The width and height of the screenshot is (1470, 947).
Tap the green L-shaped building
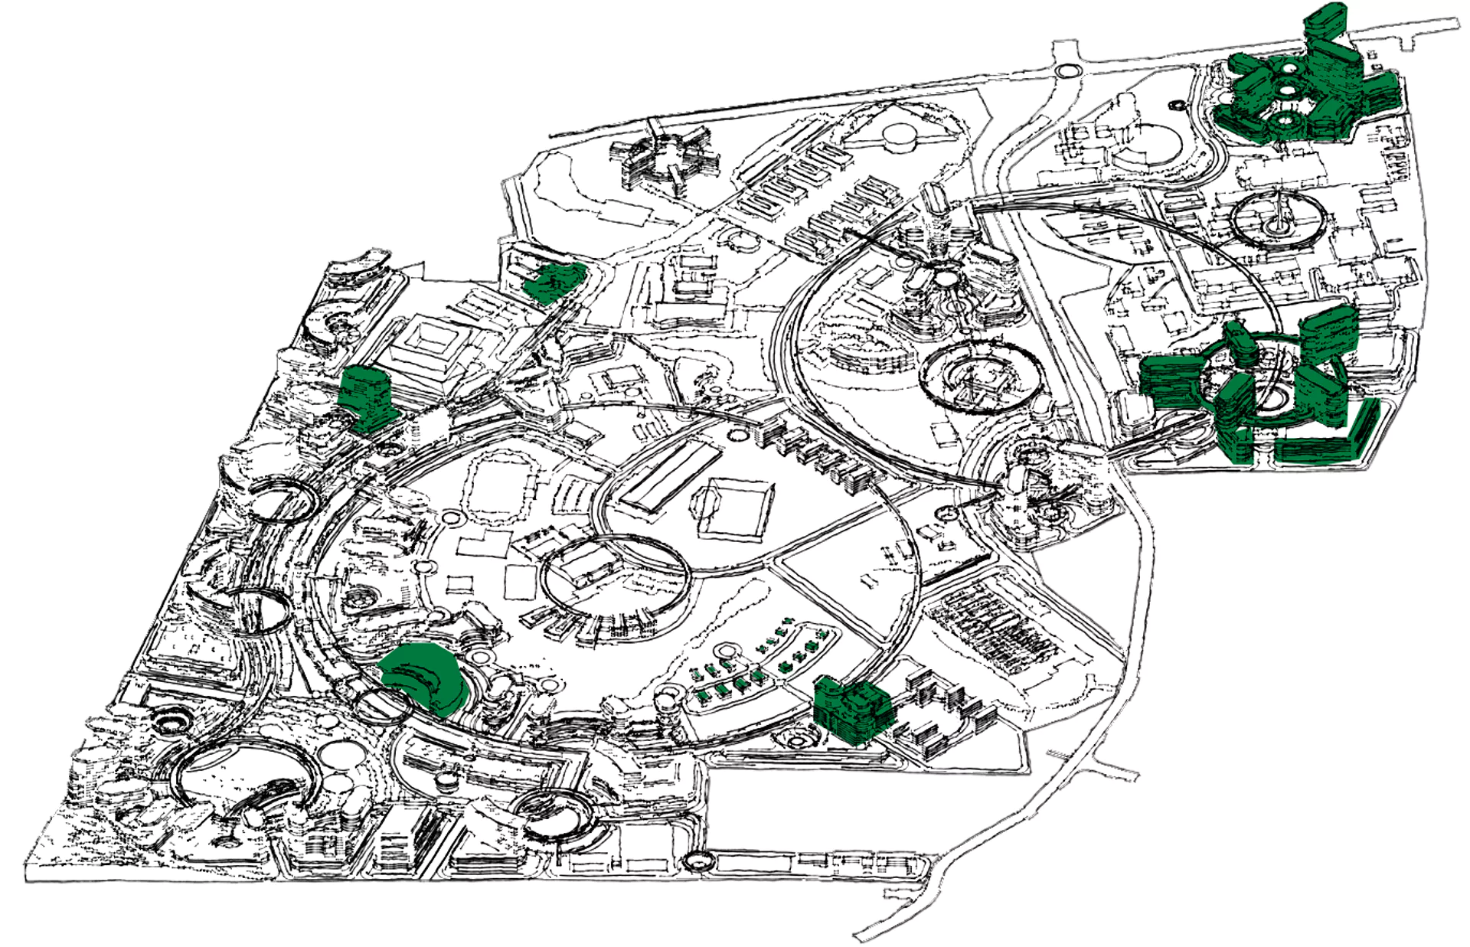click(x=1332, y=436)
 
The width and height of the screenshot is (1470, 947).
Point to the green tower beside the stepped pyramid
click(x=367, y=393)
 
